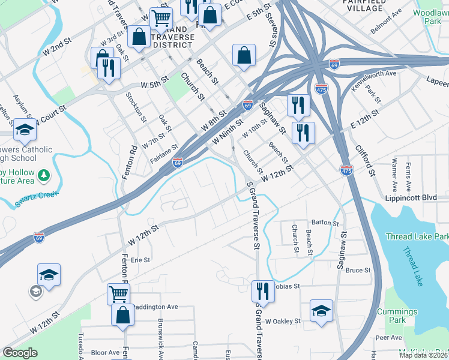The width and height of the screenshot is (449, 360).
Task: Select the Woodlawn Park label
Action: [x=430, y=16]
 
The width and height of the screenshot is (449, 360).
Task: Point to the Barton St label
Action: [x=326, y=223]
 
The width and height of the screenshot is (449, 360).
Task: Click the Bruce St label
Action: [x=358, y=270]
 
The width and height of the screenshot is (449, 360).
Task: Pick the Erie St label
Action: [x=140, y=260]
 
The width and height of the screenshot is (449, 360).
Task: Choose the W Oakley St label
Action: [x=283, y=321]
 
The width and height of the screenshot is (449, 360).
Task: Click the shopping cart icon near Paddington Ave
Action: [x=118, y=294]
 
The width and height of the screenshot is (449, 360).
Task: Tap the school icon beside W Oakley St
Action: [x=321, y=310]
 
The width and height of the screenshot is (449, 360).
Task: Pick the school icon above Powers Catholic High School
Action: [x=25, y=130]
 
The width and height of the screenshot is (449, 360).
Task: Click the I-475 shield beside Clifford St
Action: [x=346, y=170]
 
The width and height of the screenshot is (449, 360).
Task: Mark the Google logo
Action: [x=20, y=353]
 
